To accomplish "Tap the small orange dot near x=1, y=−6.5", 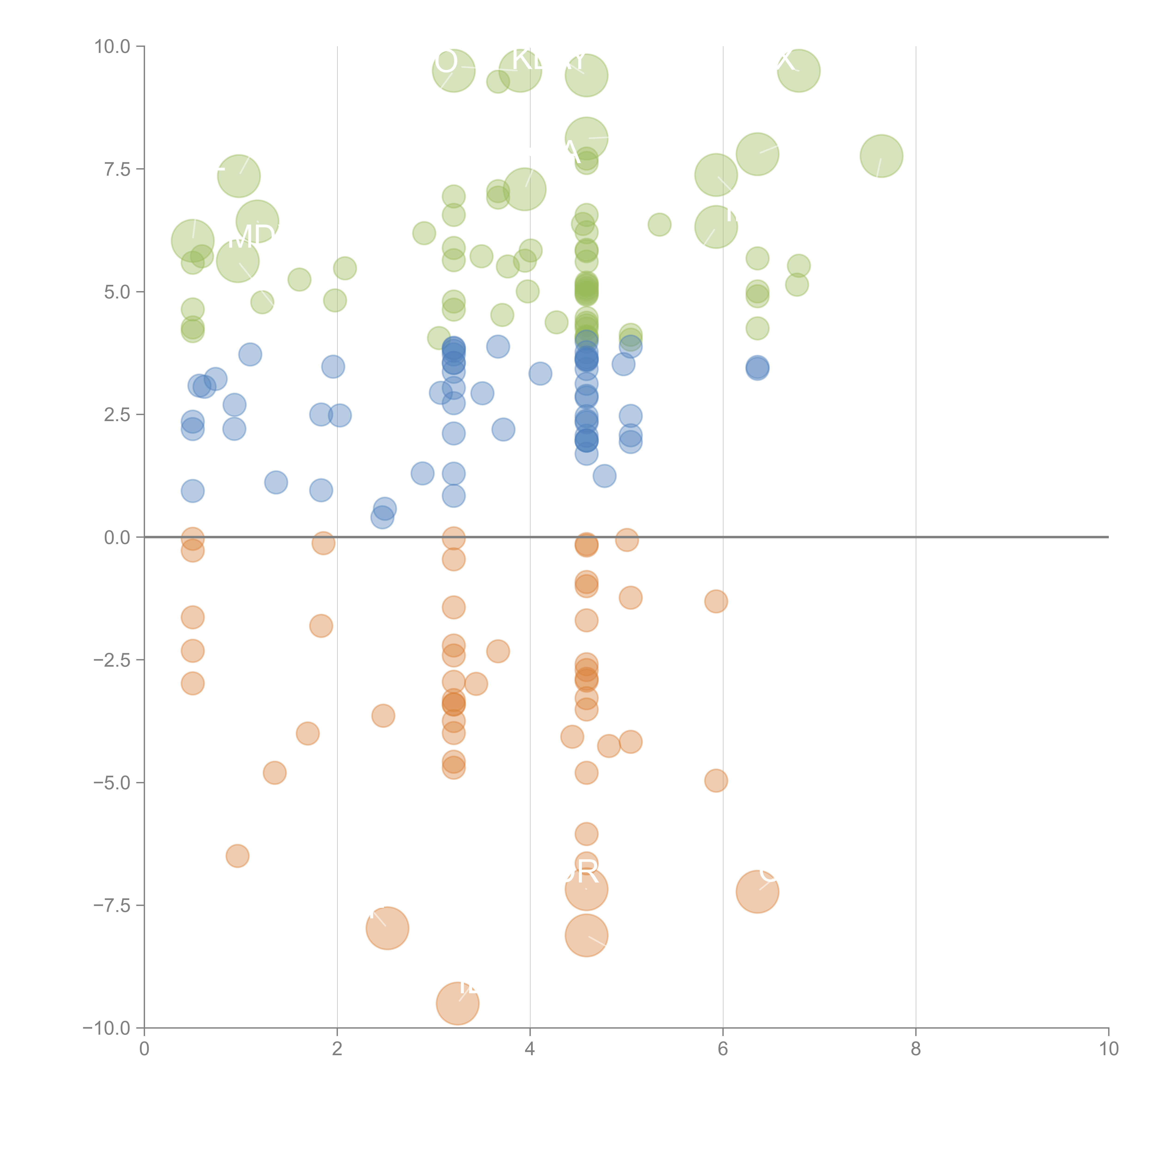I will coord(237,856).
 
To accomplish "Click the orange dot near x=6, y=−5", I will coord(716,781).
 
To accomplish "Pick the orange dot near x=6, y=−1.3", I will coord(716,602).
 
